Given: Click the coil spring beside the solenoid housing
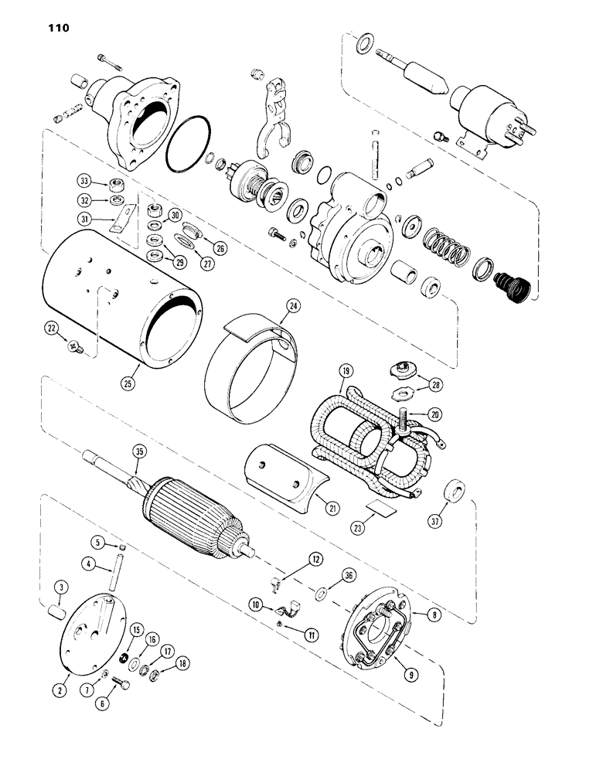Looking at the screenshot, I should (446, 247).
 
